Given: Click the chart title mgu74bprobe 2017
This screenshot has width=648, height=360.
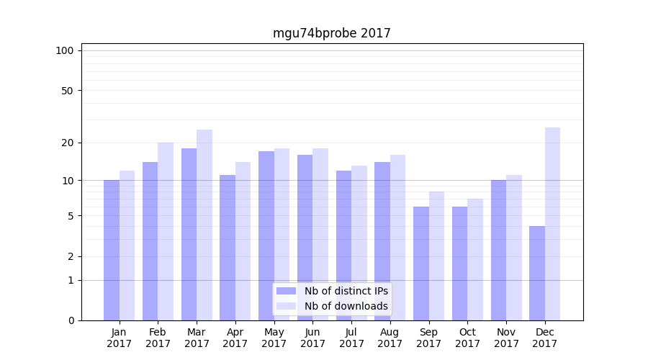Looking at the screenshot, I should pos(331,33).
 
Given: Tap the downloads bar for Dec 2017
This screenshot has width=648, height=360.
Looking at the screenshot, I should pos(552,224).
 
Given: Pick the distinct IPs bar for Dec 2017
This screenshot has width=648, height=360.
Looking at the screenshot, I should pos(537,273).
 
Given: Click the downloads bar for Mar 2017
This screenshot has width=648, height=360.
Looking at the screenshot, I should pos(204,225).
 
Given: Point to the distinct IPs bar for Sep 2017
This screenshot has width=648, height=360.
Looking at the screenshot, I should pos(421,264).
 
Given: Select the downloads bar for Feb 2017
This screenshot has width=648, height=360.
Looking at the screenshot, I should pos(166,231).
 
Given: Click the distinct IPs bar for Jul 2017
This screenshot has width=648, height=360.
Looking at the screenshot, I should pos(343,246).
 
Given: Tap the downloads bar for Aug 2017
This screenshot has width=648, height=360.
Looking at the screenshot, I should pos(398,238).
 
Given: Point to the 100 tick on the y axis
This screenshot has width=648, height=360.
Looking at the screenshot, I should pos(65,50).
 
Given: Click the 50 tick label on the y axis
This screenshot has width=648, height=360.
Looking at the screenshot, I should pos(68,91).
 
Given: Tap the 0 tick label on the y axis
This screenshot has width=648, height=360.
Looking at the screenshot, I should pos(71,320).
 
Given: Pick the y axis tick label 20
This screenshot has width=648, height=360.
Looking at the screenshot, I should pos(68,143).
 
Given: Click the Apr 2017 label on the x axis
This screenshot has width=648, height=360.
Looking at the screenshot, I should pos(235,338).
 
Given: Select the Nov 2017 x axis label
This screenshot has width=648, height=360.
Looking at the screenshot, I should pos(506,338).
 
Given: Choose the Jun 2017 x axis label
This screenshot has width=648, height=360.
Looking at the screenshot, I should pos(312,338).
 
